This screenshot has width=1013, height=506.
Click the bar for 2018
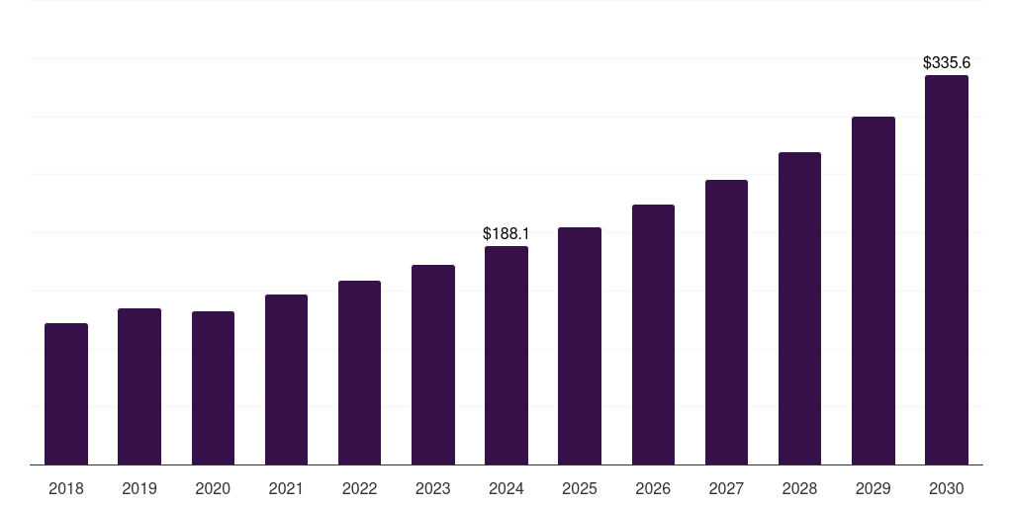(x=66, y=393)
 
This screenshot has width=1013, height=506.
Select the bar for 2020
(x=213, y=387)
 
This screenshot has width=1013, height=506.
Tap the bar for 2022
(x=359, y=373)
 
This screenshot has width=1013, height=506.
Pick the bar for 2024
(x=506, y=355)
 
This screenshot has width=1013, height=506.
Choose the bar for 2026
(x=653, y=334)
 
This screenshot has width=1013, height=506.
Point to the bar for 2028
(x=799, y=308)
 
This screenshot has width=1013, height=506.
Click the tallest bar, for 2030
(x=946, y=270)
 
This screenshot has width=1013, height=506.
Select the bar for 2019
(x=139, y=386)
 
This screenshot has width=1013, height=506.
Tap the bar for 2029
(x=873, y=291)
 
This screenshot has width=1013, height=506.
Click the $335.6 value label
(x=946, y=63)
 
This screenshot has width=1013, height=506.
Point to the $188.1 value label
(x=506, y=234)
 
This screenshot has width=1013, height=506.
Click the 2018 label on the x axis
(x=66, y=488)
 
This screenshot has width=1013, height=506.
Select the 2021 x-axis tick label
(x=286, y=488)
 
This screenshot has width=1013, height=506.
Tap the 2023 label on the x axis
(x=432, y=488)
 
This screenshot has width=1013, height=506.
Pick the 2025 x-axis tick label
(x=580, y=488)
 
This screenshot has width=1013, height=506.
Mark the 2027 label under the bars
(x=726, y=488)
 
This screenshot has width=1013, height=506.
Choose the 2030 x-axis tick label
(x=946, y=488)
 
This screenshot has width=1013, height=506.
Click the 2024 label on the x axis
(x=506, y=488)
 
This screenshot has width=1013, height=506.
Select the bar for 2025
(x=580, y=346)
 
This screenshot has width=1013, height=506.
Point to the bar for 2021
(x=286, y=379)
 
